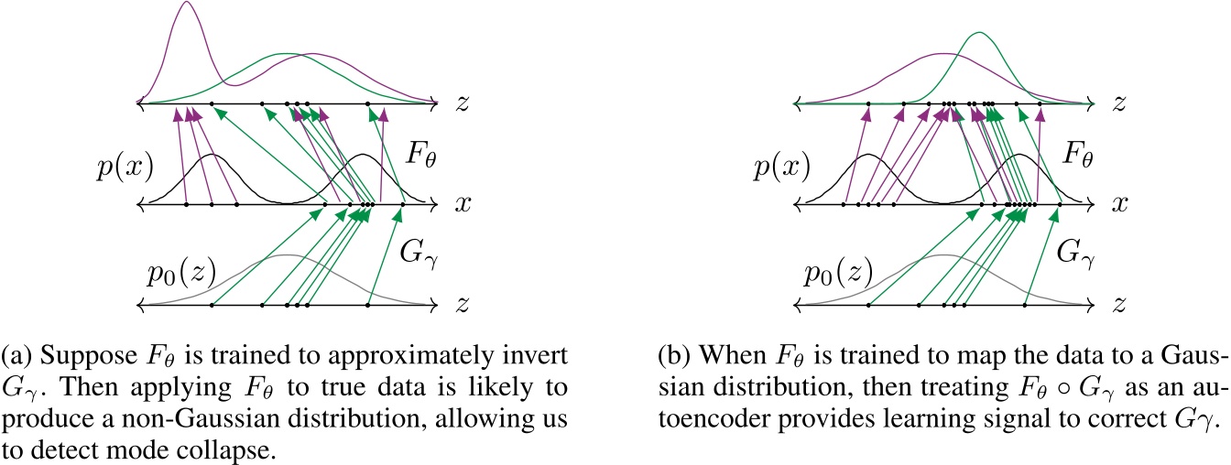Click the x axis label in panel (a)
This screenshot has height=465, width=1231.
(462, 204)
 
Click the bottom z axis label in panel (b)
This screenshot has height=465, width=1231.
(1117, 303)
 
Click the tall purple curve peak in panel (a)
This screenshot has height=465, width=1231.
(188, 4)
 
